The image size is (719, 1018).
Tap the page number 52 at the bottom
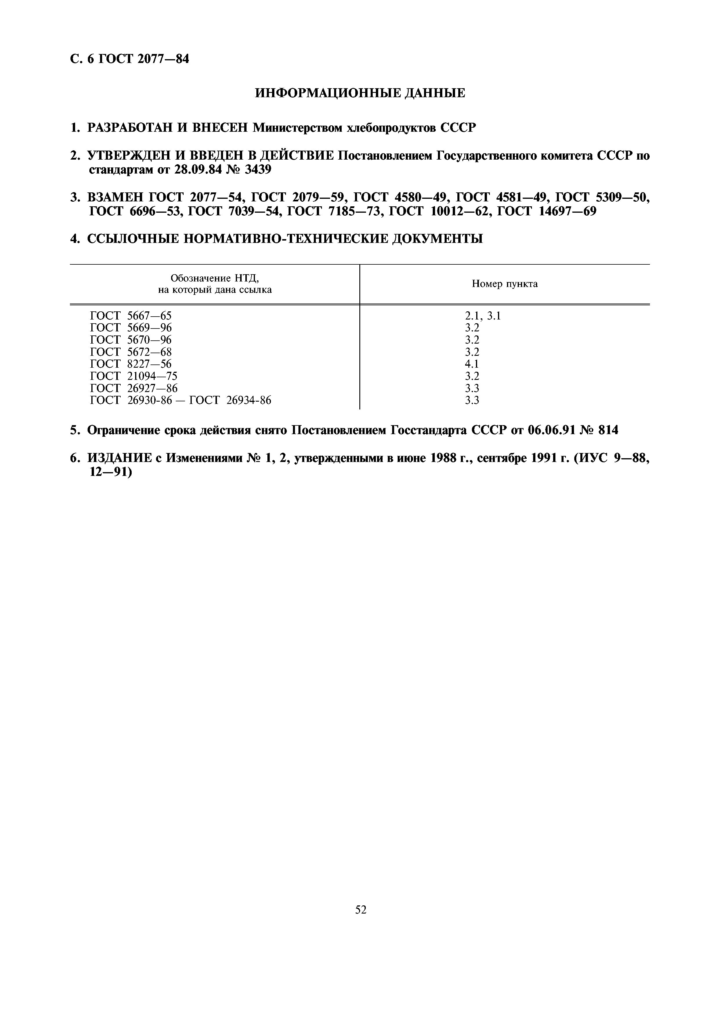[x=361, y=897]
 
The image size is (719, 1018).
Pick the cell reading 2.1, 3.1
[x=482, y=316]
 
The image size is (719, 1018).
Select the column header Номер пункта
[x=505, y=284]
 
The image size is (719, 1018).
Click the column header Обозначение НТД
[x=215, y=284]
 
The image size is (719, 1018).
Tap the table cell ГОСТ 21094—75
[x=133, y=376]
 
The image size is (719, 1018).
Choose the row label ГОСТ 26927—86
[x=133, y=388]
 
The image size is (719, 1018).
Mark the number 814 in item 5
[x=608, y=430]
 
